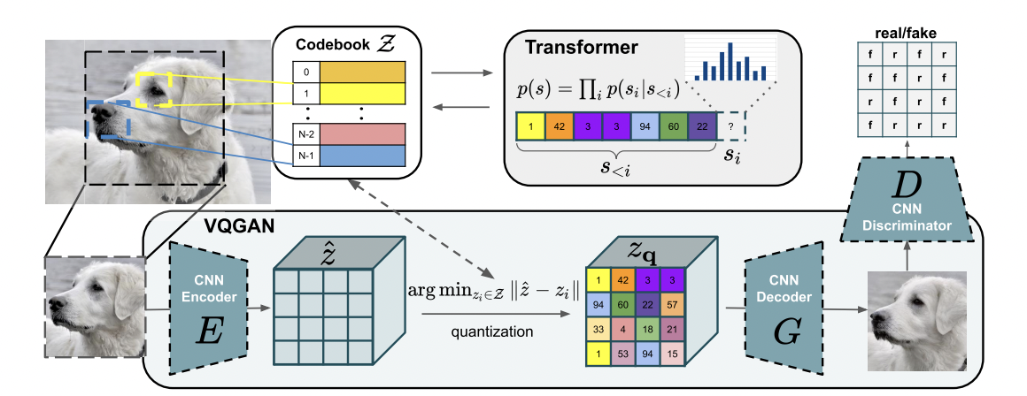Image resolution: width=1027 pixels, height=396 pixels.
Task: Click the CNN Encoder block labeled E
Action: tap(208, 308)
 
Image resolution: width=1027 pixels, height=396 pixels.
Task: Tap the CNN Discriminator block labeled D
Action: tap(907, 200)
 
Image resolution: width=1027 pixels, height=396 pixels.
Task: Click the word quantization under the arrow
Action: tap(492, 332)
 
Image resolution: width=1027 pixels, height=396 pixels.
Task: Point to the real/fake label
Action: tap(907, 33)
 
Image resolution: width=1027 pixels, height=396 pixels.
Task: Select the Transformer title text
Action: tap(581, 47)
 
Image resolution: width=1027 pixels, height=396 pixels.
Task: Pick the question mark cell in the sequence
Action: tap(731, 126)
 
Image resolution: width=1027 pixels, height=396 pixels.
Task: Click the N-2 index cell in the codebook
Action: tap(306, 134)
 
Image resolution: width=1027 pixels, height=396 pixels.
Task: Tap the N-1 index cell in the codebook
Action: tap(306, 155)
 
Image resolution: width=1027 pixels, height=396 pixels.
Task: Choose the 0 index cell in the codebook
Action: tap(306, 72)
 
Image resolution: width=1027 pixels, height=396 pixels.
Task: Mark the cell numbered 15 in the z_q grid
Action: tap(674, 354)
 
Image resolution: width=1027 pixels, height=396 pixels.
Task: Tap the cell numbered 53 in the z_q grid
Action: tap(623, 354)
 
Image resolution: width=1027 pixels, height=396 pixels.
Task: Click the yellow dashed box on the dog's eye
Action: tap(154, 89)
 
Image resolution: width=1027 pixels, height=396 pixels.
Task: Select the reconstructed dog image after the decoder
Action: tap(917, 322)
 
